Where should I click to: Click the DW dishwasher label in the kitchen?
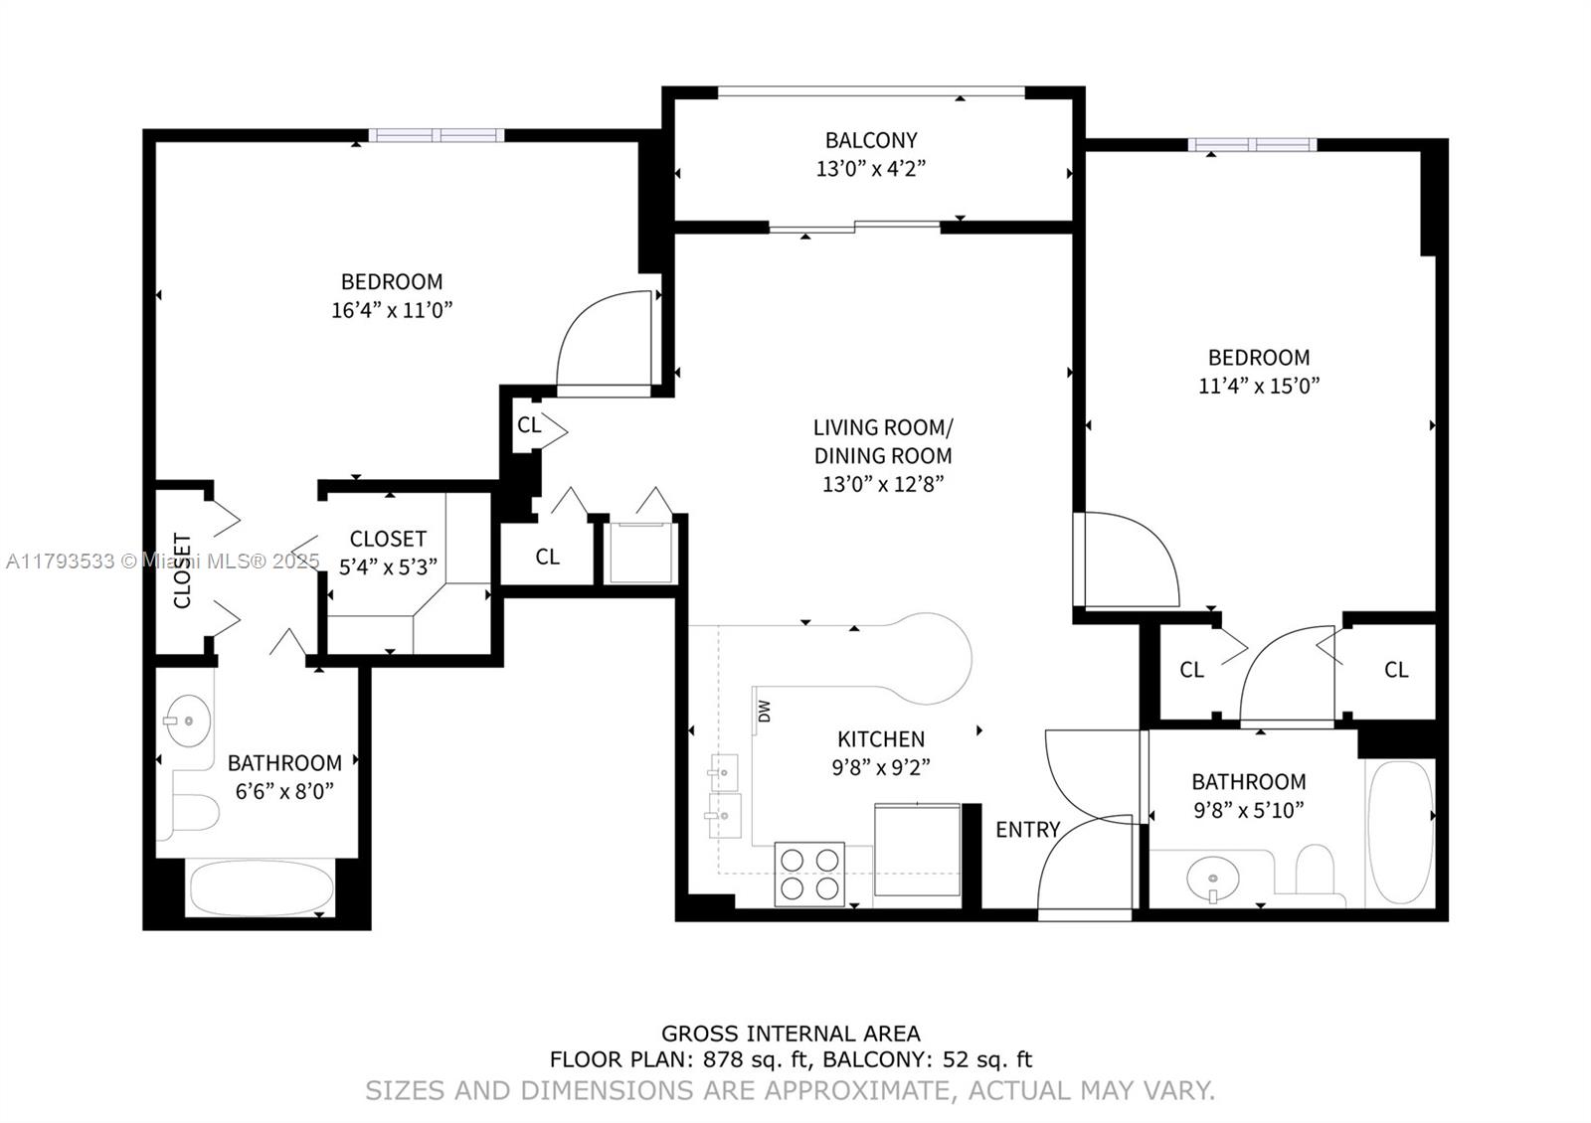(764, 711)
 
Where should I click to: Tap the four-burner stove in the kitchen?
(809, 874)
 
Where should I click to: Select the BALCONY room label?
(871, 140)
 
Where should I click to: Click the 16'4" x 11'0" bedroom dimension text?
(392, 310)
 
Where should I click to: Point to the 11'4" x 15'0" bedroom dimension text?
(1258, 386)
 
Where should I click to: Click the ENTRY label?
(1027, 829)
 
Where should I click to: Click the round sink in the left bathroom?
(187, 721)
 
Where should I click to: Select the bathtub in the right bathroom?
(1400, 833)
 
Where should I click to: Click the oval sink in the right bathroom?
(1213, 879)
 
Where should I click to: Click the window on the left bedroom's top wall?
(437, 135)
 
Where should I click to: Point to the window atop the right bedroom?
(1252, 144)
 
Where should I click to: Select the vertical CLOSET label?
(183, 571)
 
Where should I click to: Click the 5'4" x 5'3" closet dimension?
(388, 567)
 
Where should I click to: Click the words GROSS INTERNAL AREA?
(791, 1034)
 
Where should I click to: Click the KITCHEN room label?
(880, 738)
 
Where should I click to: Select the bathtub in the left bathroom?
(261, 887)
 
